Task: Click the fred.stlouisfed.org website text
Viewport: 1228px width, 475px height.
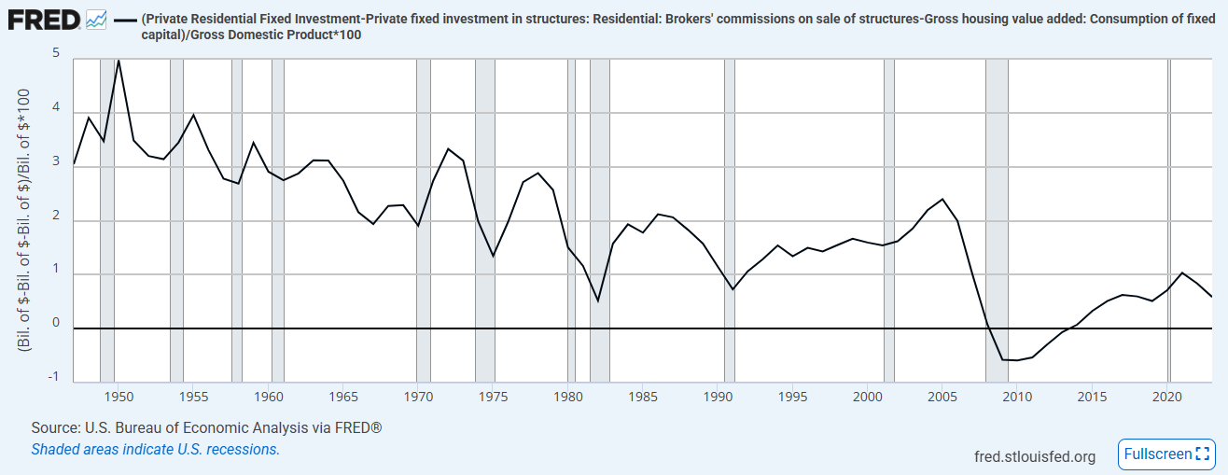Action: [1034, 455]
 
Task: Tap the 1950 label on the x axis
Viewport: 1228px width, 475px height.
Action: [119, 397]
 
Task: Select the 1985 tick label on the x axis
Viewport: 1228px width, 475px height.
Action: [643, 397]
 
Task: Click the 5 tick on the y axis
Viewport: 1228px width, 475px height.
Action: [56, 54]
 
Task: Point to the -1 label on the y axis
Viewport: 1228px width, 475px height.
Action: [54, 376]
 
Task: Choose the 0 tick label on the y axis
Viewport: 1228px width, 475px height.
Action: [56, 323]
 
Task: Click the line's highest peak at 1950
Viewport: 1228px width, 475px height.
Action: [119, 61]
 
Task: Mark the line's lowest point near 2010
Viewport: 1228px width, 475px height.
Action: [1016, 360]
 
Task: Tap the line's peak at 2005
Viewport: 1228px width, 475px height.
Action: [942, 200]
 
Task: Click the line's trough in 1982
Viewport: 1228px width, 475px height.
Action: [598, 300]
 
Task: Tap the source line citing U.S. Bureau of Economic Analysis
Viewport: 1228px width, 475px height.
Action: [206, 427]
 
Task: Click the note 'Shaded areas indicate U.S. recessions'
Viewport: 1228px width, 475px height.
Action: [155, 449]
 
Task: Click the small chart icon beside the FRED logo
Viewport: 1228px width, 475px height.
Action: [95, 18]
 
